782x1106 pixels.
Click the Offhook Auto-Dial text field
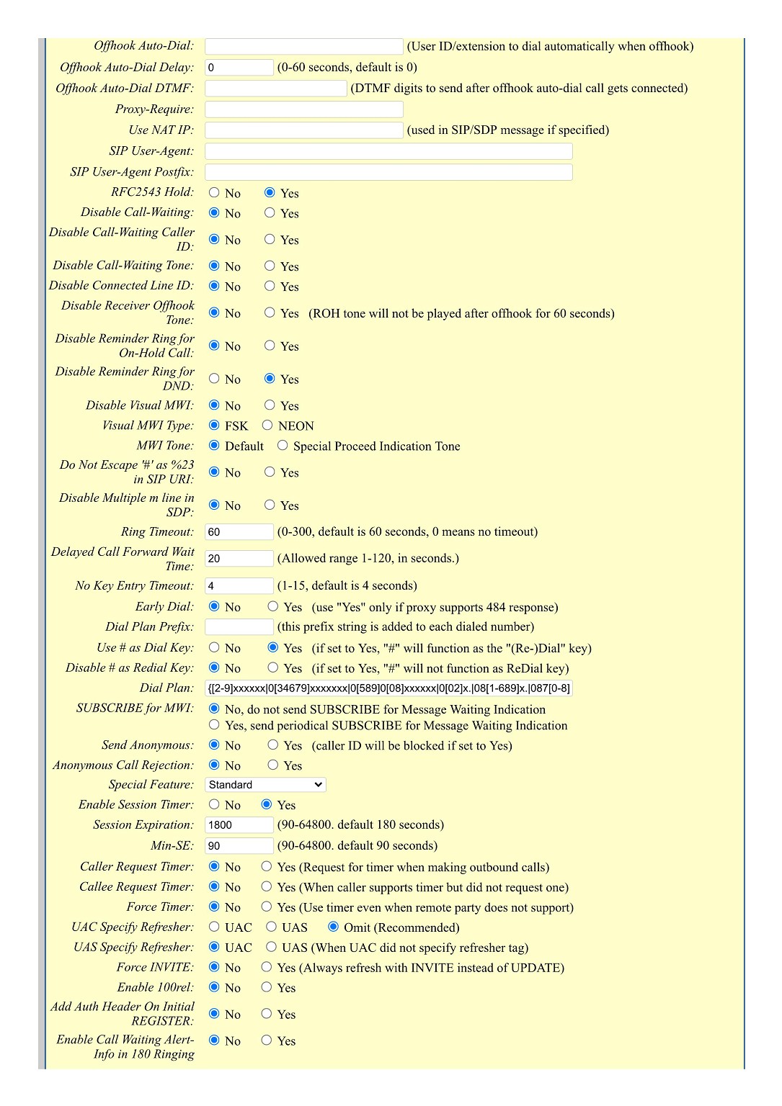(303, 47)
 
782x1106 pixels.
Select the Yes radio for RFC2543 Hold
(270, 193)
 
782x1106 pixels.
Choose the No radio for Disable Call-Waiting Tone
(214, 266)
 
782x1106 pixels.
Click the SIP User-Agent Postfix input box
(388, 172)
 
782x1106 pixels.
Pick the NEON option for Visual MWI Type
(267, 426)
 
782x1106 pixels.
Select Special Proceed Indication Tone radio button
(283, 446)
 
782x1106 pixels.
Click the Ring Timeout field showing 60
(239, 532)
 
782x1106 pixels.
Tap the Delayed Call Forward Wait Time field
(239, 559)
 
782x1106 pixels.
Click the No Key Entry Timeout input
(239, 586)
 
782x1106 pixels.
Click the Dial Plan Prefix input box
(239, 627)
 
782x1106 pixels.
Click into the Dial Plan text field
(388, 688)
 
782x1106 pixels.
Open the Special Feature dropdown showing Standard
(265, 785)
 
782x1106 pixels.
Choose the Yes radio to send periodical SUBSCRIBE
(214, 725)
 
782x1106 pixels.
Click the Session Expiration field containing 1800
(239, 825)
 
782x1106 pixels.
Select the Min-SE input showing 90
(239, 846)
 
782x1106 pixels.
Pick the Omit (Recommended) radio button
(333, 927)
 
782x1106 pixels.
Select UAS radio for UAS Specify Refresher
(271, 948)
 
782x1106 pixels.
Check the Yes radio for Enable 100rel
(267, 988)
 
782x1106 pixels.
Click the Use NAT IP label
(161, 130)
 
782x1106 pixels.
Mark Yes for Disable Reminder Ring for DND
(270, 379)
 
